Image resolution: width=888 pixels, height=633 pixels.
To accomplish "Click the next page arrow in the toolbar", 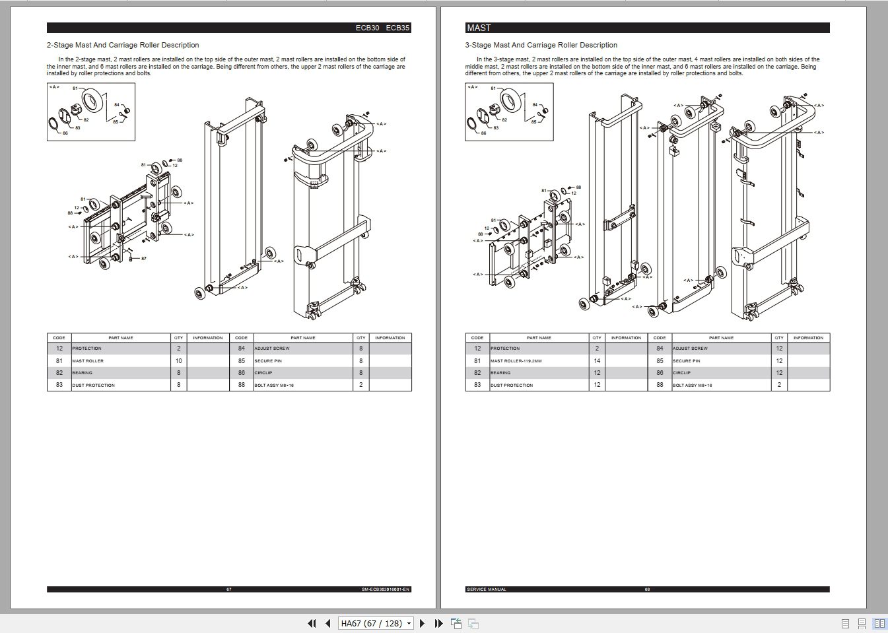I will tap(423, 623).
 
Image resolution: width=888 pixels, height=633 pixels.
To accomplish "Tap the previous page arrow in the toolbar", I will tap(327, 623).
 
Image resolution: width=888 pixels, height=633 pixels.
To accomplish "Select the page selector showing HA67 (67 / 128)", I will tap(376, 623).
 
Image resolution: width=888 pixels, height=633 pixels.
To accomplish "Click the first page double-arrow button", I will tap(312, 623).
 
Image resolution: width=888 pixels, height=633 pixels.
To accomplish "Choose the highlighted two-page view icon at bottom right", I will tap(879, 623).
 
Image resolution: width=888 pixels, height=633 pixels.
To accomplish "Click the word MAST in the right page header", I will tap(479, 28).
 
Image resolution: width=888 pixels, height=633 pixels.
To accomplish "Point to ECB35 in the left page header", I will tap(397, 28).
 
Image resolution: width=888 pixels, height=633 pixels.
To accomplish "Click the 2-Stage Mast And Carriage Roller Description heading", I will tap(123, 45).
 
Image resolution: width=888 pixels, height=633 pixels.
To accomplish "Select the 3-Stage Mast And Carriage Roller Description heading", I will tap(541, 45).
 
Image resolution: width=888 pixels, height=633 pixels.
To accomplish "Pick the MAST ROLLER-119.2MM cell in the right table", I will tap(516, 361).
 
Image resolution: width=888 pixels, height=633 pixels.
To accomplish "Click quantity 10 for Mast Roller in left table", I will tap(178, 361).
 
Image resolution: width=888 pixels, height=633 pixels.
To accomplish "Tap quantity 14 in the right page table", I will tap(597, 361).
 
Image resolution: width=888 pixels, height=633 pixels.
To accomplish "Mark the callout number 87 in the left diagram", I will tap(144, 259).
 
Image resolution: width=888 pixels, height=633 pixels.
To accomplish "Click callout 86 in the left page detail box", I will tap(65, 133).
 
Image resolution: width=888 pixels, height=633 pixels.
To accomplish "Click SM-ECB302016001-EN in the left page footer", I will tap(386, 589).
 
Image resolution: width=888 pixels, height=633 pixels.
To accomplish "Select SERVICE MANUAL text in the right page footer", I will tap(487, 589).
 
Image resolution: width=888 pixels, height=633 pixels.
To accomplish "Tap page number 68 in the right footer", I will tap(647, 589).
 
